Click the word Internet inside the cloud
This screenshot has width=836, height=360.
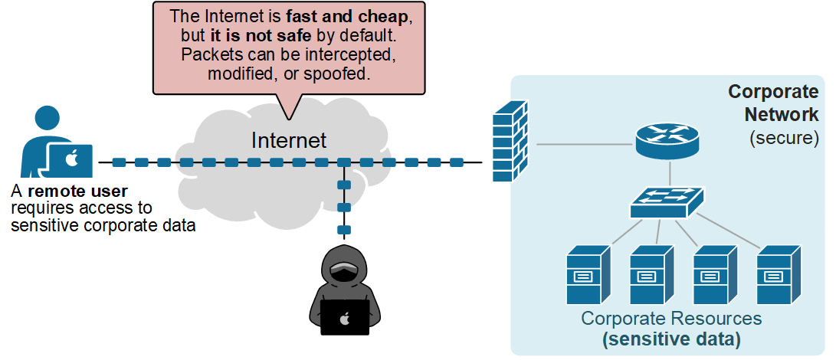[289, 140]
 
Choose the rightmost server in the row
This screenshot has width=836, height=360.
[778, 276]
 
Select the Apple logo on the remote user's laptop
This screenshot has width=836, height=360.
[71, 160]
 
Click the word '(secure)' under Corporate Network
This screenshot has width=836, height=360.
[784, 138]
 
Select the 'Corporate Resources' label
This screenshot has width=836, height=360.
[670, 318]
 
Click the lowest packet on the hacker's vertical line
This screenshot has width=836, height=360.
[344, 229]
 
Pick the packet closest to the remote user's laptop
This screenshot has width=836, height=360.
[119, 162]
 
